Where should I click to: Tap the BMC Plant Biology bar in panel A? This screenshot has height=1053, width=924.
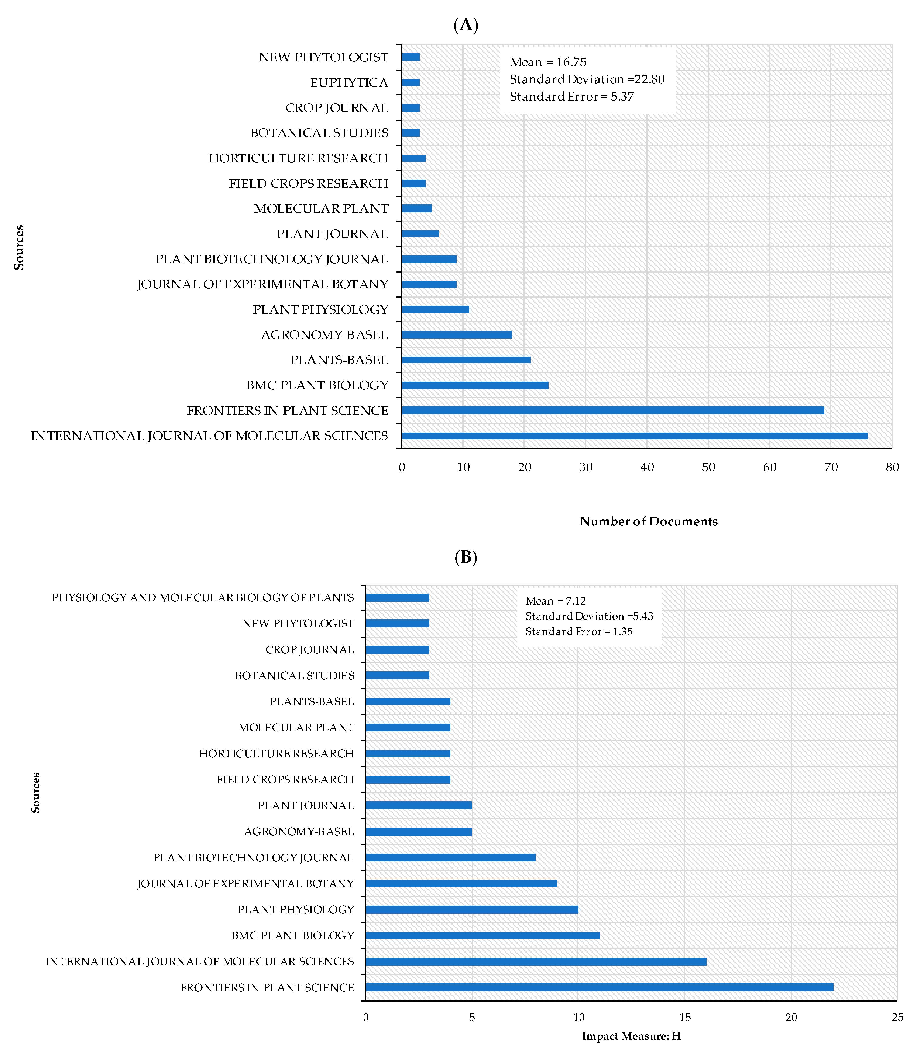click(475, 385)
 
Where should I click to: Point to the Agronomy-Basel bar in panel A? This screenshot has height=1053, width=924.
click(457, 335)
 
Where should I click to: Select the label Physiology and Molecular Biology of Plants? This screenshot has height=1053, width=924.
click(203, 597)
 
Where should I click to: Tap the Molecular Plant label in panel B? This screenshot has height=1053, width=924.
click(296, 727)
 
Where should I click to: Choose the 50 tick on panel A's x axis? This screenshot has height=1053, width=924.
click(708, 467)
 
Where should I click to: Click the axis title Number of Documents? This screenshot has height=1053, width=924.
click(649, 521)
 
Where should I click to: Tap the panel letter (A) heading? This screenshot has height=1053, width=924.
click(466, 25)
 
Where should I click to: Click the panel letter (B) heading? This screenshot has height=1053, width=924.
click(466, 557)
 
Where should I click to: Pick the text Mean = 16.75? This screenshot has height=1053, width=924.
click(548, 62)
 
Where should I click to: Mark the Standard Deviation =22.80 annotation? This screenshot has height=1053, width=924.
click(587, 79)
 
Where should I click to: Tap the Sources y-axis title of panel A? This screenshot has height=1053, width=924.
click(19, 247)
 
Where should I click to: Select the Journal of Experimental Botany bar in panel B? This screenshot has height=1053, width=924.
click(461, 884)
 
